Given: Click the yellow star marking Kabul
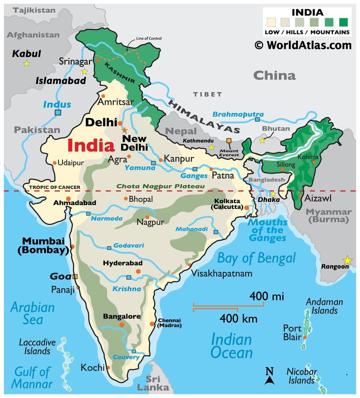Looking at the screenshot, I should point(26,63).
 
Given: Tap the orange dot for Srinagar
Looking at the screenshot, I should point(98,60).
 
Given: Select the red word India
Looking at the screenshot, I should point(91,146).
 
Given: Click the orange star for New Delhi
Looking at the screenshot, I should point(124,130).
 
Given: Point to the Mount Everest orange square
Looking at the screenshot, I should point(229,141).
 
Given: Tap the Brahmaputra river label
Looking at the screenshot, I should point(238,114).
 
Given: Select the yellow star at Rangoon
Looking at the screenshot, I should point(347,260).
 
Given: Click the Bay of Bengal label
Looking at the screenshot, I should point(256,258).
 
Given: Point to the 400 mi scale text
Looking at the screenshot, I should point(266,297).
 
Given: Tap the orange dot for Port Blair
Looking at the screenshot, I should point(305,337).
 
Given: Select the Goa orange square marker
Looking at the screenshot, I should point(75,277).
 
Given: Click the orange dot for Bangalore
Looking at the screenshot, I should point(122,325).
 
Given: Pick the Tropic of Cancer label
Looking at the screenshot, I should point(55,187).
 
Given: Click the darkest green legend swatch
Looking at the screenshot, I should point(343,22).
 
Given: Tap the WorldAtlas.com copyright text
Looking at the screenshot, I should point(303,45).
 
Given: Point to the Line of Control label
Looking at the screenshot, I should point(149,38).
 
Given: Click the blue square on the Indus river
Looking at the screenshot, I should point(58,113).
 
